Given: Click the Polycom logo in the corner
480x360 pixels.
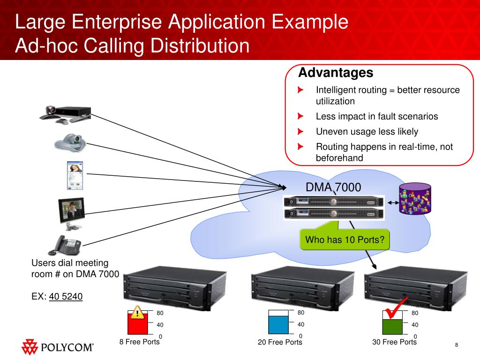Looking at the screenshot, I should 57,347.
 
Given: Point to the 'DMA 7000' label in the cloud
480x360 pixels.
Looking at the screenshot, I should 333,188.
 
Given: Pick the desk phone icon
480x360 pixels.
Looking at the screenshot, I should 65,245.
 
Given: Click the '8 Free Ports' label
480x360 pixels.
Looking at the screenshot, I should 139,342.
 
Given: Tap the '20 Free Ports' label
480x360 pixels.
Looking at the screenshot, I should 280,342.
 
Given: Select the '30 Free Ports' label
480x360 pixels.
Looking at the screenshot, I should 394,342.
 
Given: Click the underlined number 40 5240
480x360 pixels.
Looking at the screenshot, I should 66,296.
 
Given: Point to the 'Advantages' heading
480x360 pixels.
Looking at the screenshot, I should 336,73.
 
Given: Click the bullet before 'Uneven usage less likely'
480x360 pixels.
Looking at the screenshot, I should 300,131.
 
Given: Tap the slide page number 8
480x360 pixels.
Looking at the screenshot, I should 456,345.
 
